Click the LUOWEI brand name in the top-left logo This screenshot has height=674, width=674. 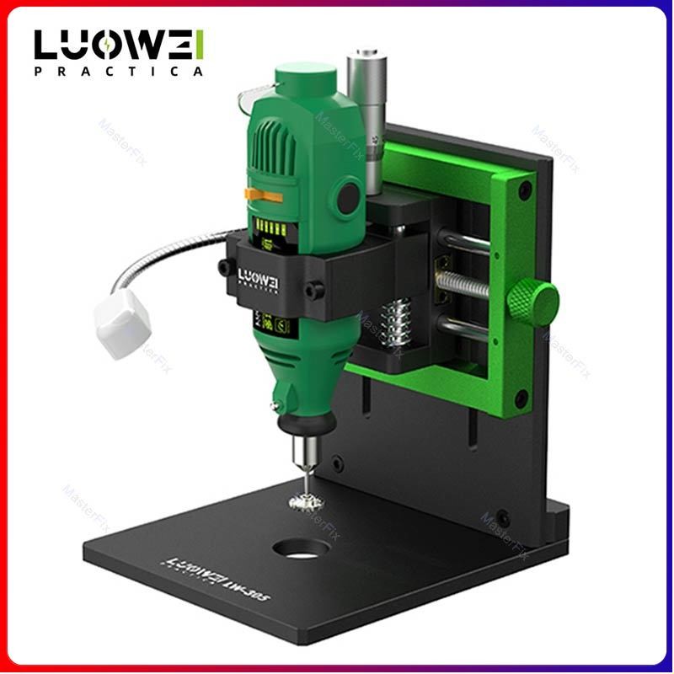tap(119, 44)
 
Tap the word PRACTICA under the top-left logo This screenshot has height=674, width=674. tap(119, 72)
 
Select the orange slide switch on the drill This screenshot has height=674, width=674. tap(263, 195)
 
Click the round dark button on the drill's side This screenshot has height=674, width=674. tap(345, 198)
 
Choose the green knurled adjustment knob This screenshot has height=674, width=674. tap(532, 299)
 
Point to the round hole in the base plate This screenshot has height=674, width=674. tap(301, 549)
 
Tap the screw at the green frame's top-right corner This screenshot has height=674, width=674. tap(524, 191)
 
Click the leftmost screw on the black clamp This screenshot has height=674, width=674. tap(225, 267)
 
